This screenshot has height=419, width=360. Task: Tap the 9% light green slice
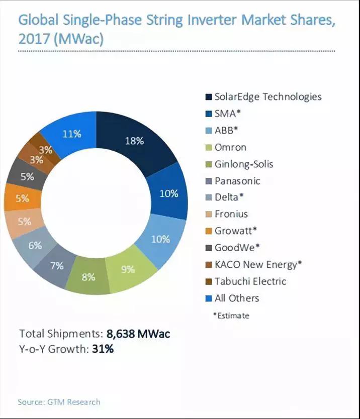128,269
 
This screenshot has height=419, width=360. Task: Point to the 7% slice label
57,266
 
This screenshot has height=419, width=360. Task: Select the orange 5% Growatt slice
22,198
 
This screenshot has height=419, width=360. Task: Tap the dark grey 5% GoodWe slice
27,176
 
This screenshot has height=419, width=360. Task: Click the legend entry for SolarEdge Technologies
268,96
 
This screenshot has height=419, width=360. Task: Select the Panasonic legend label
237,180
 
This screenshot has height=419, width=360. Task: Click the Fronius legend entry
231,214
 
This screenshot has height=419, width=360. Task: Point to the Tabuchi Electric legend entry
250,281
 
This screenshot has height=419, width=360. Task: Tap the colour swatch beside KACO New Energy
208,265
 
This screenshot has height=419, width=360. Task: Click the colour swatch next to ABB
208,130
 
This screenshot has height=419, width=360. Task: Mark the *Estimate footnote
231,316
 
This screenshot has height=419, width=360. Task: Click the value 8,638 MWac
142,333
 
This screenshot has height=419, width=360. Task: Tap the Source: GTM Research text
59,402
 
